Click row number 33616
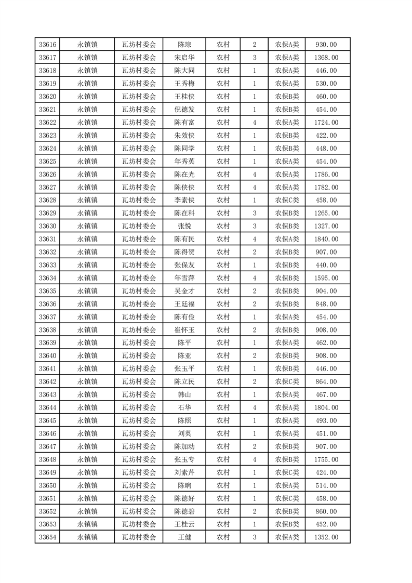pyautogui.click(x=47, y=45)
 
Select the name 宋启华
pyautogui.click(x=184, y=58)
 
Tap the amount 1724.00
pyautogui.click(x=326, y=123)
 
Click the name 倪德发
pyautogui.click(x=184, y=110)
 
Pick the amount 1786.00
pyautogui.click(x=326, y=175)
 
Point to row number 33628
pyautogui.click(x=47, y=201)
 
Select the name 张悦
pyautogui.click(x=184, y=227)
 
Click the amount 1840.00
pyautogui.click(x=326, y=240)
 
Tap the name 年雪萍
pyautogui.click(x=184, y=279)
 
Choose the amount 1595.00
pyautogui.click(x=326, y=279)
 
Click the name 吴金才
pyautogui.click(x=184, y=291)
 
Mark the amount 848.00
pyautogui.click(x=326, y=304)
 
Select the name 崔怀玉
pyautogui.click(x=184, y=330)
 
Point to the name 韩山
pyautogui.click(x=184, y=395)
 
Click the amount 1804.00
pyautogui.click(x=326, y=408)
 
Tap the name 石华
pyautogui.click(x=184, y=408)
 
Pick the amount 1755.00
pyautogui.click(x=326, y=460)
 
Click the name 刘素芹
pyautogui.click(x=184, y=473)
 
